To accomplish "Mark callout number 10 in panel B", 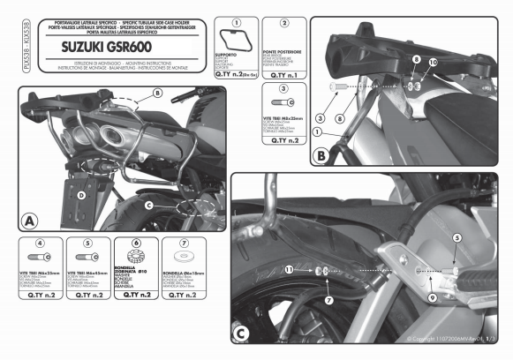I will (x=433, y=63).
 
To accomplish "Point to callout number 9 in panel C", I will (x=431, y=296).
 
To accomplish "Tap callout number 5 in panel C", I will (x=457, y=238).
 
